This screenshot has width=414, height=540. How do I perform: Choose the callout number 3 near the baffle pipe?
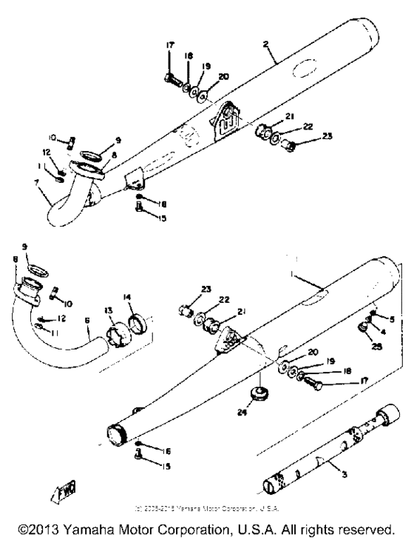333,469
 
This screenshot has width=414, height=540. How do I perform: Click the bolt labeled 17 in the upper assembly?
171,76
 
